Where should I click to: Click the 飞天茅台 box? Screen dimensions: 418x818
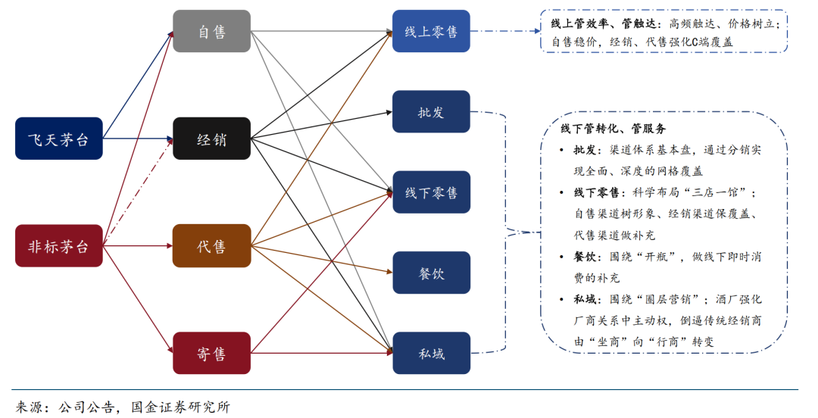(x=59, y=139)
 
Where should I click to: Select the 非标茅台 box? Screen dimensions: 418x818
(x=59, y=246)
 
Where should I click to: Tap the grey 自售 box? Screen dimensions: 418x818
(x=211, y=31)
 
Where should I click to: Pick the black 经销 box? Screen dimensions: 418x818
(x=211, y=139)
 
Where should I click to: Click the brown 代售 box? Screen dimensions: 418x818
(x=211, y=246)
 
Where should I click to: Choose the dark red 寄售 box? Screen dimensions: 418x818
(x=211, y=353)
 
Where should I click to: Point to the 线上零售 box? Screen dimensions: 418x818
(x=431, y=31)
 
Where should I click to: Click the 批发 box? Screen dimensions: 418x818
(x=431, y=112)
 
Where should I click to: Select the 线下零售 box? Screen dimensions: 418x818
(x=431, y=192)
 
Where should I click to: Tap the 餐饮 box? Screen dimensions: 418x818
(x=431, y=273)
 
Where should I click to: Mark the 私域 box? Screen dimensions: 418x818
(x=431, y=353)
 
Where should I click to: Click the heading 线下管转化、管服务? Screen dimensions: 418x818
(x=613, y=129)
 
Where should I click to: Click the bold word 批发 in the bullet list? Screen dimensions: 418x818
(x=585, y=150)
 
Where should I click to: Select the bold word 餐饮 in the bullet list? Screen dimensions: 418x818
(x=585, y=257)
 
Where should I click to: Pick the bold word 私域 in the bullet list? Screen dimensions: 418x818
(x=585, y=300)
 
